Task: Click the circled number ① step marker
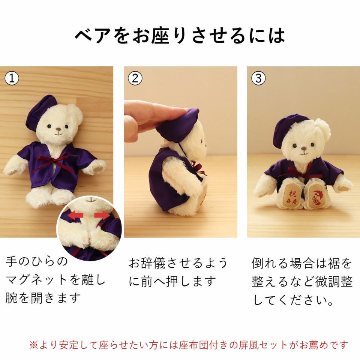[x=12, y=78]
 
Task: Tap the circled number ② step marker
[x=135, y=78]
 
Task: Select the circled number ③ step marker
[x=258, y=78]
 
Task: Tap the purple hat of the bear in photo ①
[x=41, y=110]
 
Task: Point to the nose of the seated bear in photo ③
[x=303, y=149]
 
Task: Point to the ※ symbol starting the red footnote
[x=33, y=345]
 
